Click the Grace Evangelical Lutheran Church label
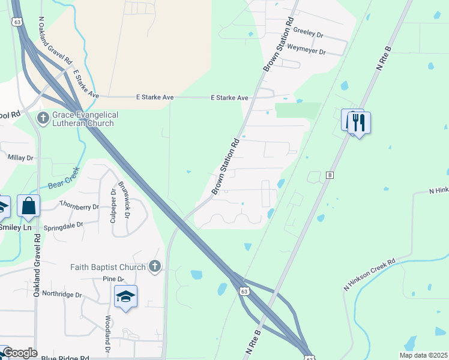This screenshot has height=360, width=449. tap(85, 119)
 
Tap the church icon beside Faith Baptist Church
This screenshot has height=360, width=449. tap(155, 266)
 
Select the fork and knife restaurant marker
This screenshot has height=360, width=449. tap(358, 123)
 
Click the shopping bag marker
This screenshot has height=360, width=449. tap(28, 206)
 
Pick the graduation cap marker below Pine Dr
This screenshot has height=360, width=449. tap(125, 296)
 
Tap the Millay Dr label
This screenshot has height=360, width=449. tap(20, 157)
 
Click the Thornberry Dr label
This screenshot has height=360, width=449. tap(79, 206)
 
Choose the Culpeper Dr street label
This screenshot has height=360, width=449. tap(113, 206)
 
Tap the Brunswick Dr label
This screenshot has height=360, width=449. tap(124, 199)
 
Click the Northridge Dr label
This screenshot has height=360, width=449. tap(62, 295)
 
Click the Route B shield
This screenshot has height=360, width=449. tap(329, 175)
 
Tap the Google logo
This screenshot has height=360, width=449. tap(20, 353)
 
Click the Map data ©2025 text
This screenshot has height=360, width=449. tap(423, 355)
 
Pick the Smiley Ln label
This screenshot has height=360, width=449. tap(16, 227)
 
